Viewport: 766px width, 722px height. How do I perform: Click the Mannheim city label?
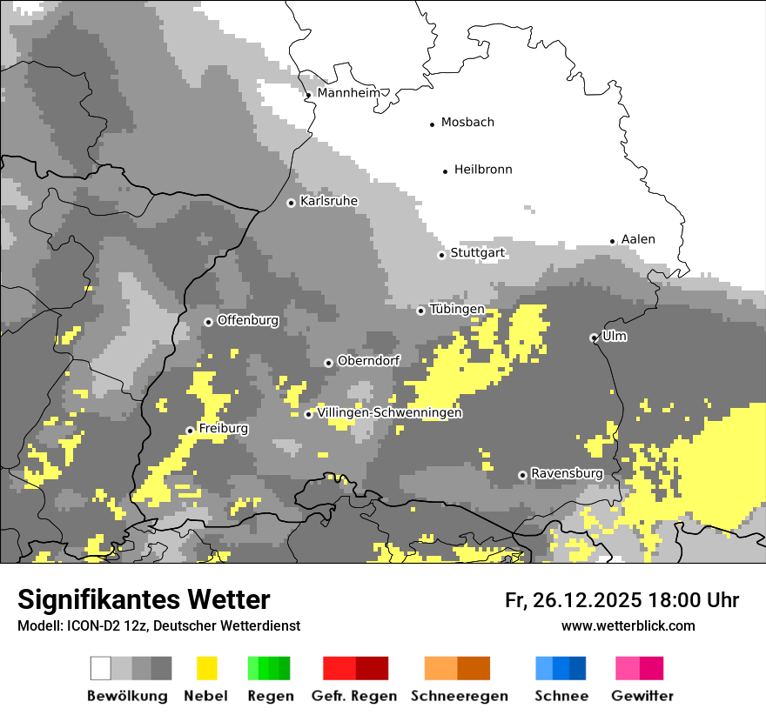[349, 93]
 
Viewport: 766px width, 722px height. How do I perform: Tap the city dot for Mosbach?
[432, 124]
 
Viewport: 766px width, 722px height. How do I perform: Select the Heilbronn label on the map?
[483, 170]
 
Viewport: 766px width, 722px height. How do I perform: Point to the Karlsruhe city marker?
[291, 203]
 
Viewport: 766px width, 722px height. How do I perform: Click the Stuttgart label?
[477, 253]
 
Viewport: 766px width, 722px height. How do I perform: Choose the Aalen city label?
[638, 239]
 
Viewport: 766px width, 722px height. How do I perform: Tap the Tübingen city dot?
[420, 311]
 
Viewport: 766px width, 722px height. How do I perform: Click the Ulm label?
[615, 336]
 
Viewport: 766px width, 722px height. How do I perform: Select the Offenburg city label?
[248, 320]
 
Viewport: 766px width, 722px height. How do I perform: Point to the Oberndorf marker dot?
[328, 363]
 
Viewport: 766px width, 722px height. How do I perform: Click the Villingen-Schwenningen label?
[389, 412]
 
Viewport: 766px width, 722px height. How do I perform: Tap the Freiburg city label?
[223, 429]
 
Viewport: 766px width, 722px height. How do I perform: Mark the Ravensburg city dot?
[522, 475]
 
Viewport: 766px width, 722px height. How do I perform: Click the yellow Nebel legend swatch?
[206, 668]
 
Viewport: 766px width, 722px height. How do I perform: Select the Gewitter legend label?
[642, 696]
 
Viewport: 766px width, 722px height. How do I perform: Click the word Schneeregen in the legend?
[459, 696]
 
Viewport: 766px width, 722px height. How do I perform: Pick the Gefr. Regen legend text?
[353, 696]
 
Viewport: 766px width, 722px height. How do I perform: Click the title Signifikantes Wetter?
[144, 599]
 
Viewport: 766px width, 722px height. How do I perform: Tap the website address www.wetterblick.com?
[628, 625]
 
